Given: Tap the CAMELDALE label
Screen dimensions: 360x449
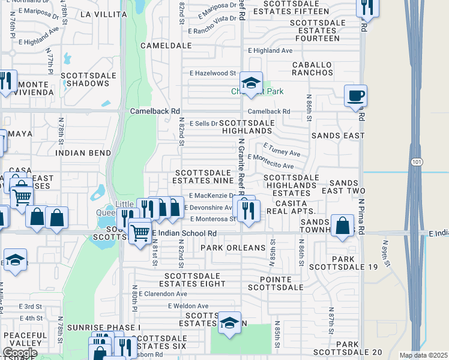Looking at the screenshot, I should click(161, 45).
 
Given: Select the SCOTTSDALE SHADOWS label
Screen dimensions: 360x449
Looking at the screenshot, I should click(85, 79).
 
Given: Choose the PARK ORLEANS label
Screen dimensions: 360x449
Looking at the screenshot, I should click(233, 248).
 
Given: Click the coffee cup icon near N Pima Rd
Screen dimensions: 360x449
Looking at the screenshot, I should click(355, 95).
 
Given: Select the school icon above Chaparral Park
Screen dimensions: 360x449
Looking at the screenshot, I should click(250, 82).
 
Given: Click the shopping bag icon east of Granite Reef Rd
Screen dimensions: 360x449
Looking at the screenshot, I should click(342, 226).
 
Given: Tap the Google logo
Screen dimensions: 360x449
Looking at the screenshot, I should click(20, 352).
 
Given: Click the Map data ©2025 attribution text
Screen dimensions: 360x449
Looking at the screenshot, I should click(423, 355).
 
